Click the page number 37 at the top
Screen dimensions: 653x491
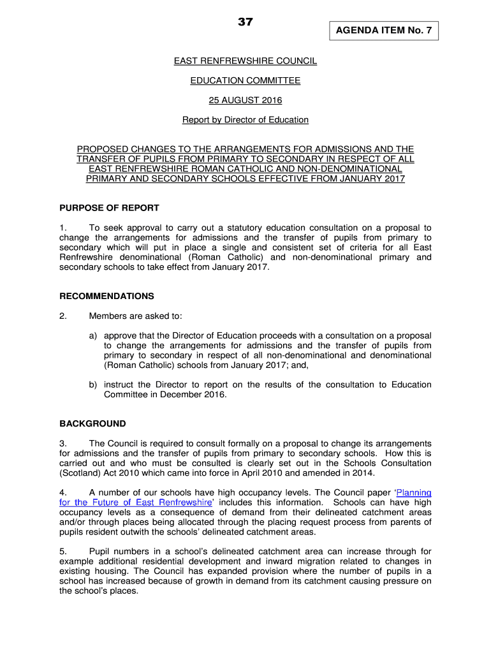pyautogui.click(x=246, y=22)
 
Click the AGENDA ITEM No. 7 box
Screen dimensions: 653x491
pyautogui.click(x=384, y=30)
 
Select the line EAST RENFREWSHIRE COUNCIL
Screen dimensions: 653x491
pyautogui.click(x=246, y=61)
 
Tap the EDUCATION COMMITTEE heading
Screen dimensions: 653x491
pyautogui.click(x=246, y=81)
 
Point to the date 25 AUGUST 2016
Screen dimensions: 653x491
pyautogui.click(x=246, y=100)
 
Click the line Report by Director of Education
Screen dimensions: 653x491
pyautogui.click(x=246, y=120)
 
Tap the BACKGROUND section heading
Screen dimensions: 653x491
pyautogui.click(x=92, y=423)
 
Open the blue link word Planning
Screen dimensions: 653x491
pyautogui.click(x=414, y=492)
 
